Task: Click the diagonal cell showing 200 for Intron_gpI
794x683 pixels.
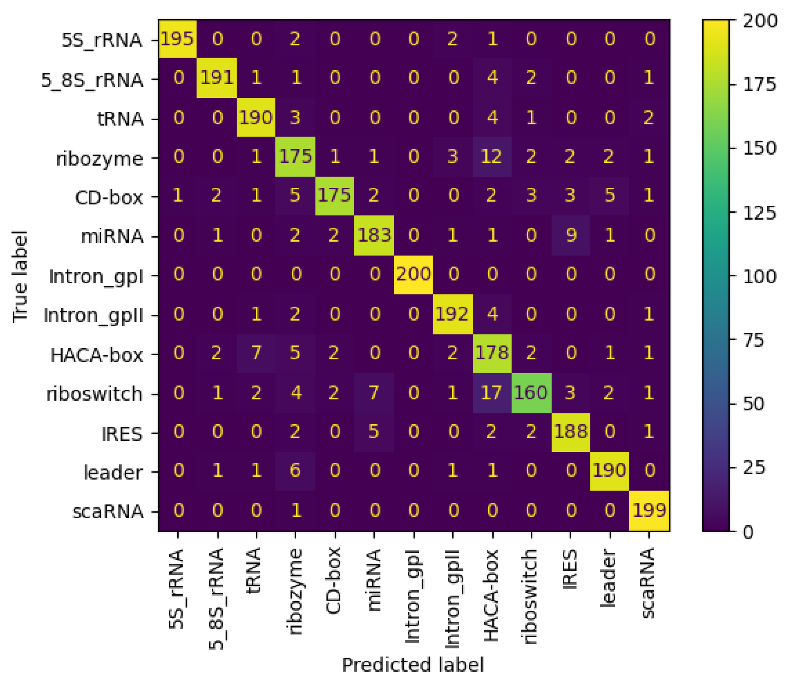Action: point(413,275)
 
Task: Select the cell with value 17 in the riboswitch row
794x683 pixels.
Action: point(492,393)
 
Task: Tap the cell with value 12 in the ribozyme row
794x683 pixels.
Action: point(492,157)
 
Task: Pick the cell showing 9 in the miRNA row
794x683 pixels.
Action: point(571,235)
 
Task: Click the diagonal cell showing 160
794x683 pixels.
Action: point(531,393)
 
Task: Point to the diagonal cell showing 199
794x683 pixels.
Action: point(649,511)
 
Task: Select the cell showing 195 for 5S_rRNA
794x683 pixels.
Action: point(178,39)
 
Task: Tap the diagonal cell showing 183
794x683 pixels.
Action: point(374,235)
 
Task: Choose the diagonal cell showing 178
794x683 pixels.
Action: point(492,353)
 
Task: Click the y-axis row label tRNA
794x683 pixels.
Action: point(120,119)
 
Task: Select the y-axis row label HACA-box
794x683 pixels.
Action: point(97,355)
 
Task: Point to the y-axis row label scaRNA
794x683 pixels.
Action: point(108,512)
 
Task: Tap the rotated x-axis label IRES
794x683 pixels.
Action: point(570,570)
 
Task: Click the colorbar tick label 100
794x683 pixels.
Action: point(759,276)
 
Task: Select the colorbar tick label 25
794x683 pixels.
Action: point(754,468)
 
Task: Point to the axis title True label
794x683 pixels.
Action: point(20,276)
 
